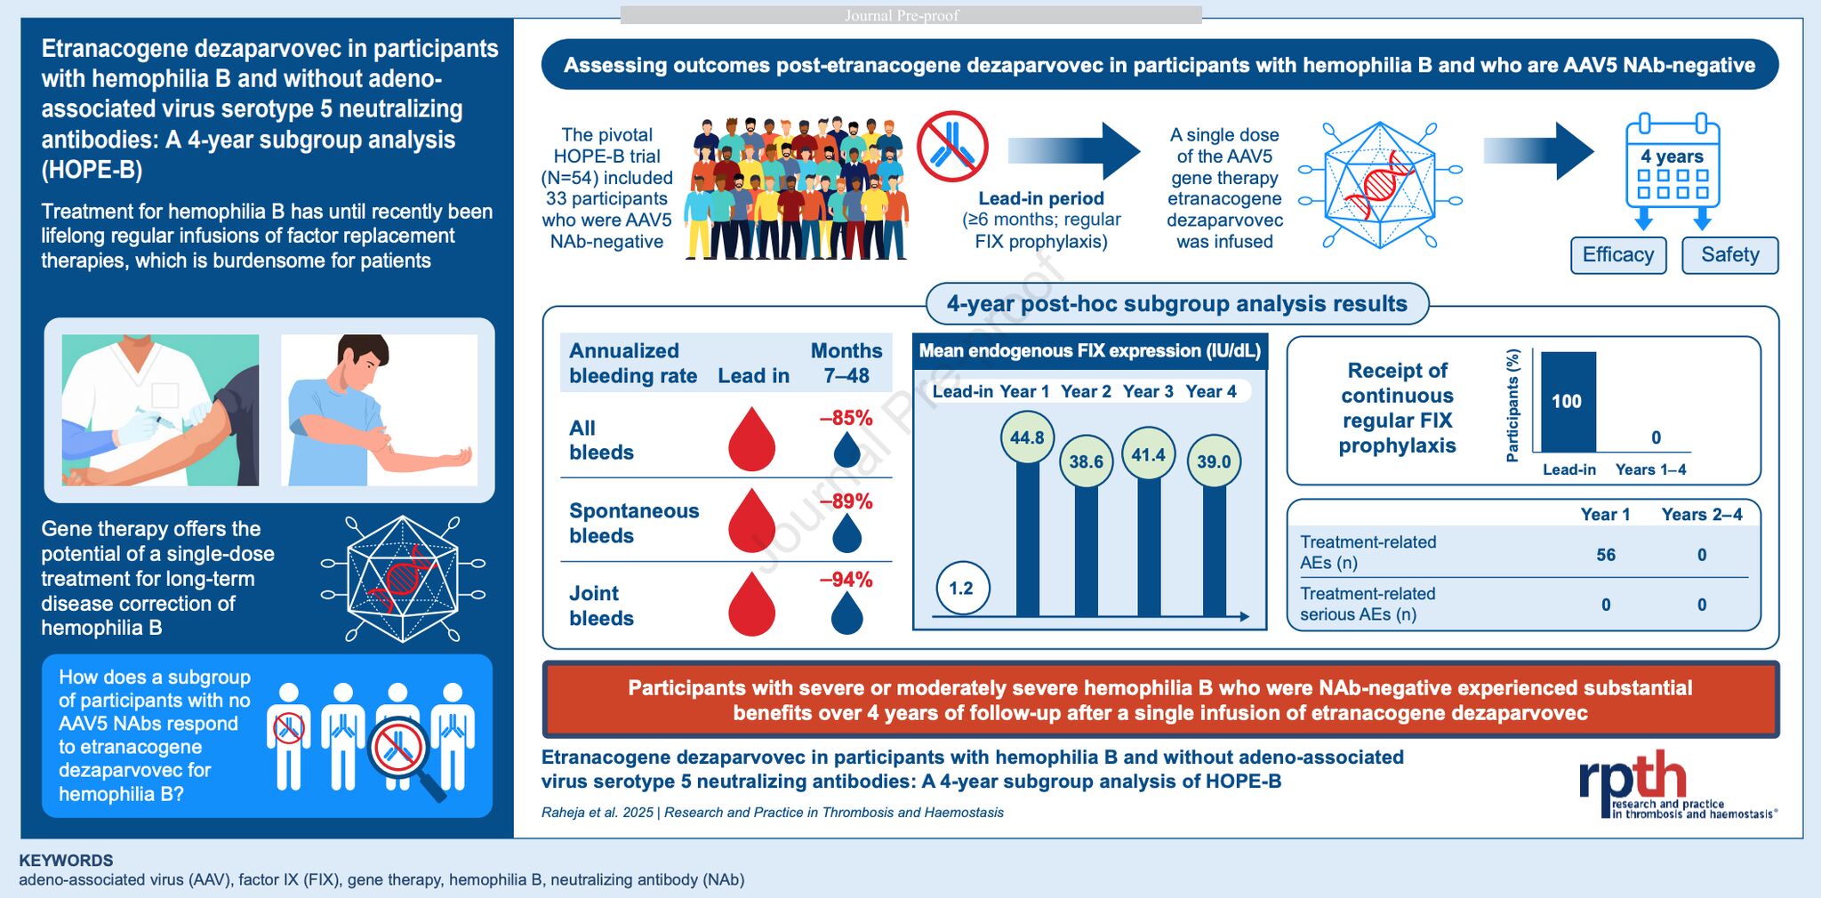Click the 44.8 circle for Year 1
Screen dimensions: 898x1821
[1027, 437]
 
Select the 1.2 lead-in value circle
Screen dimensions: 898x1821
[961, 588]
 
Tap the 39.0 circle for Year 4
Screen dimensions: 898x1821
[1213, 461]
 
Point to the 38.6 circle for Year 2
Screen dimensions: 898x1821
[1086, 461]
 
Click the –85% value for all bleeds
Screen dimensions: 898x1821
[846, 418]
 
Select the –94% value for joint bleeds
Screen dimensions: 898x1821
[846, 580]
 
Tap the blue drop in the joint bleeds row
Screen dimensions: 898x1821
[846, 613]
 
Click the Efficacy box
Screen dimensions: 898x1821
[1617, 255]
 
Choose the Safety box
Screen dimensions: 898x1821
[1729, 255]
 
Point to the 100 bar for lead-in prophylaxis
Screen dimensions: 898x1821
[1568, 402]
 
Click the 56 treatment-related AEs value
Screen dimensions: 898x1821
[1605, 555]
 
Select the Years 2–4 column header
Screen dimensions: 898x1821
[1701, 515]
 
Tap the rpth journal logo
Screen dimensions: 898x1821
[1634, 777]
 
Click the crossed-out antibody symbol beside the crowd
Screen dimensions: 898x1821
[952, 147]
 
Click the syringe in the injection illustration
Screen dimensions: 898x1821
[156, 417]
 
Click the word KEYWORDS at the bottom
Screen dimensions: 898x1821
[66, 861]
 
